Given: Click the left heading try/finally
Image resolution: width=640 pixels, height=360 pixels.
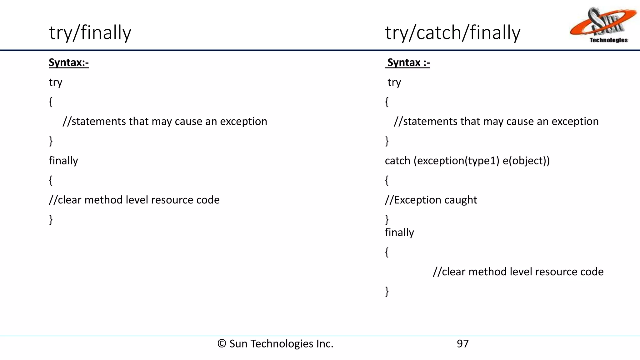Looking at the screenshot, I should [x=90, y=33].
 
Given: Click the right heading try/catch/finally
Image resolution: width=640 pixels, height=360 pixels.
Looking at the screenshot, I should [x=452, y=33].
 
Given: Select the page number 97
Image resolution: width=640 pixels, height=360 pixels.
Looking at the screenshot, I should [x=462, y=344].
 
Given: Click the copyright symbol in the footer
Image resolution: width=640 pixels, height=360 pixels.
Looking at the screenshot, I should [x=222, y=344].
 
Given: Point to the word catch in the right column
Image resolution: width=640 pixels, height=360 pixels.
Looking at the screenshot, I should [x=397, y=161].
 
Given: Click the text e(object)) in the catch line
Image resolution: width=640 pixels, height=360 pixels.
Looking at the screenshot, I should [x=526, y=161].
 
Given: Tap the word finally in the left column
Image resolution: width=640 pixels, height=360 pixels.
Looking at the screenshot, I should [x=63, y=161].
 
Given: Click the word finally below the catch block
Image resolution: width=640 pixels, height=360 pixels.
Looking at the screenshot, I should [x=399, y=232].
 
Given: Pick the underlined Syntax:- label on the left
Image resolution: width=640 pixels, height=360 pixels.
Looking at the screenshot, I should [x=69, y=63].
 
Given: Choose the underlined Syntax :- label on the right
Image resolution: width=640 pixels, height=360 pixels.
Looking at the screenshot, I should [x=408, y=63].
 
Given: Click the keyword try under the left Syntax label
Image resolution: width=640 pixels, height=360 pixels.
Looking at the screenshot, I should [x=56, y=82].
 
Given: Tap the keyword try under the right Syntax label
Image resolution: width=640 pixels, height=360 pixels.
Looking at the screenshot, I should [x=394, y=82].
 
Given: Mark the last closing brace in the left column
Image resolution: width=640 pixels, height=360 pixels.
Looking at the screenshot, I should [x=51, y=219].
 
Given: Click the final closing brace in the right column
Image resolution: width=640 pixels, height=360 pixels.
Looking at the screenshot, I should [x=387, y=291].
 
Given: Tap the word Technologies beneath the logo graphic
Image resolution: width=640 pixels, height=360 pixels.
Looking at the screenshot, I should [x=608, y=40].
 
